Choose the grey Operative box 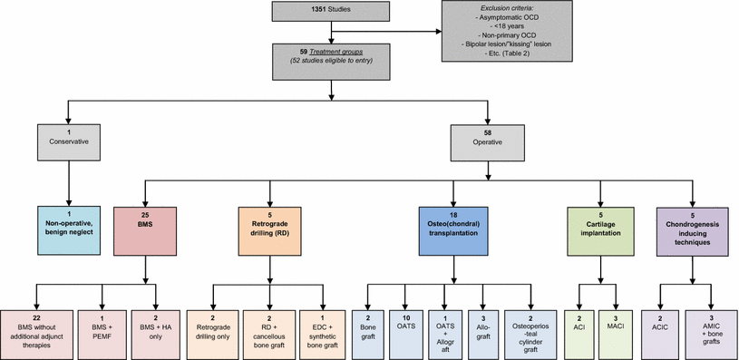pyautogui.click(x=487, y=142)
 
